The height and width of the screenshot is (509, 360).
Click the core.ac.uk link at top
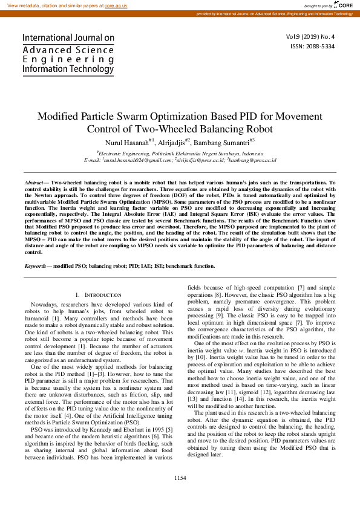pyautogui.click(x=117, y=5)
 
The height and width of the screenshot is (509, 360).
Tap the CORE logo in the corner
pyautogui.click(x=344, y=5)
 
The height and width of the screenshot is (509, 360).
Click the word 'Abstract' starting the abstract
pyautogui.click(x=34, y=182)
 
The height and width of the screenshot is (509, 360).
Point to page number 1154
pyautogui.click(x=180, y=495)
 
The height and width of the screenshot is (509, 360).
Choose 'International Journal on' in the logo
pyautogui.click(x=68, y=37)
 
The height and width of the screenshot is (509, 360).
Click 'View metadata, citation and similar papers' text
pyautogui.click(x=54, y=5)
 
